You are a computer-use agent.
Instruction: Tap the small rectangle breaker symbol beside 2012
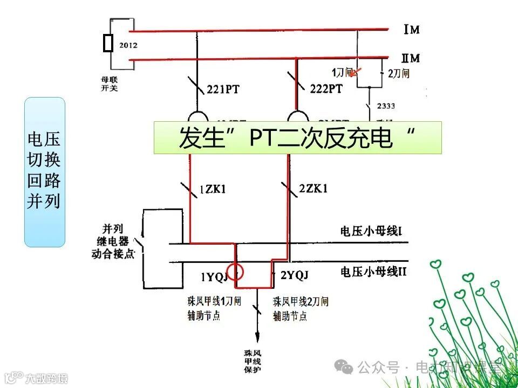click(108, 43)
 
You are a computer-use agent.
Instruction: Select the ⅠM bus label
click(411, 30)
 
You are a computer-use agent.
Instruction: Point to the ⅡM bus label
click(411, 58)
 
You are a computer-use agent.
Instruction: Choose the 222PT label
click(326, 89)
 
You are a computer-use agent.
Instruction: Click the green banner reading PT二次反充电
click(297, 138)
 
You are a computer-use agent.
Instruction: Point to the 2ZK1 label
click(313, 188)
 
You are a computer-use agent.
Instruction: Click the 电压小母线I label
click(372, 232)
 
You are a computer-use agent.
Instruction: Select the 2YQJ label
click(294, 276)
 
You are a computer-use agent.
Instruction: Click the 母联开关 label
click(109, 84)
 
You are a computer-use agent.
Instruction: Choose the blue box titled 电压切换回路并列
click(44, 172)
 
